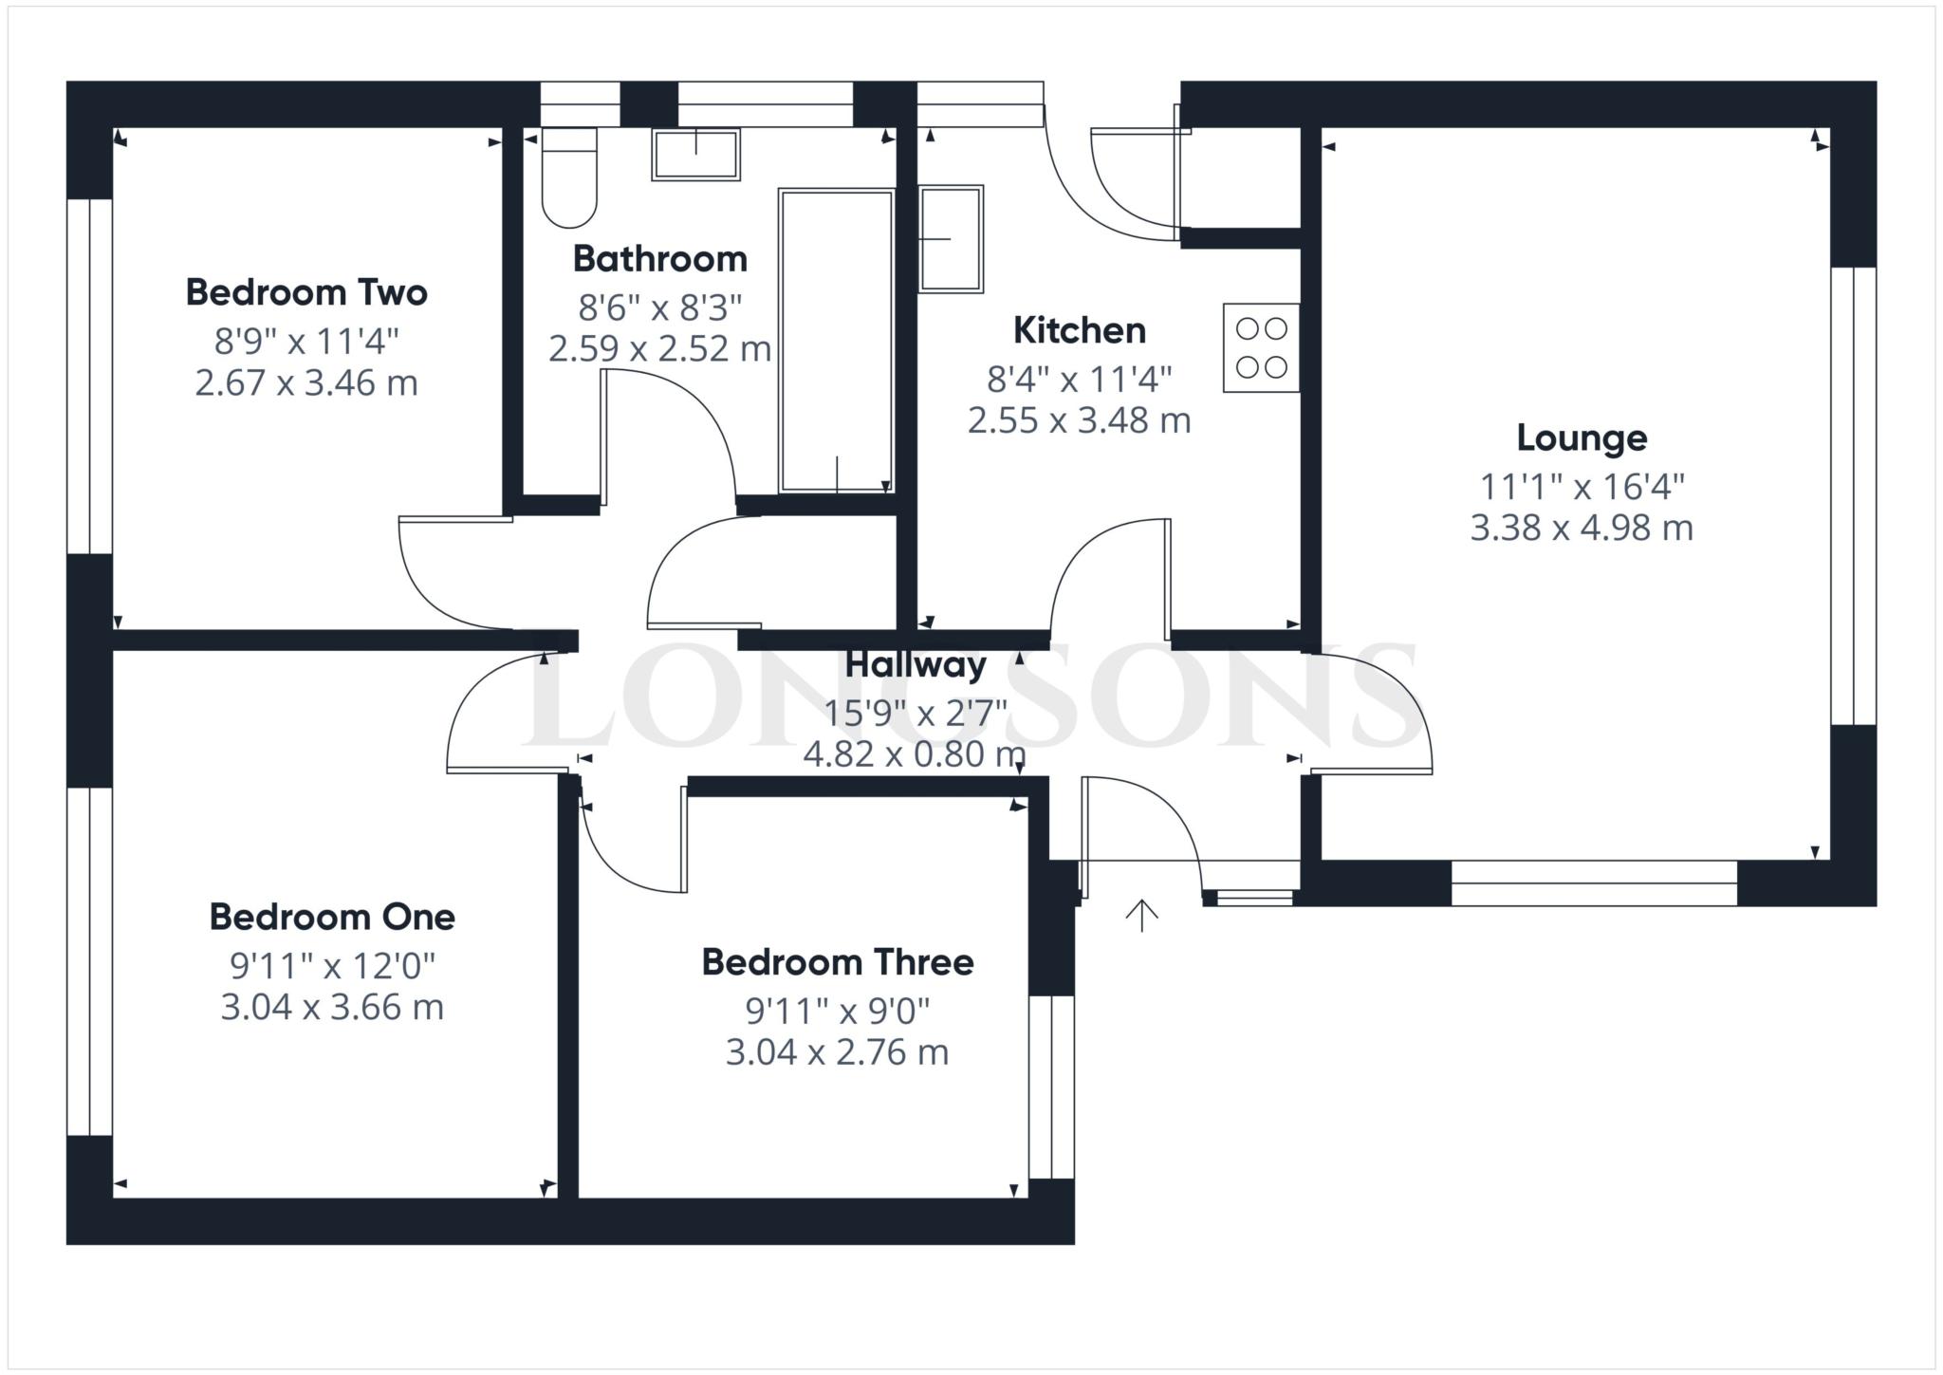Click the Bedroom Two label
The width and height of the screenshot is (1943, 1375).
pos(306,292)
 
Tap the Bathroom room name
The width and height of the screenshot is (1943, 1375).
pos(660,258)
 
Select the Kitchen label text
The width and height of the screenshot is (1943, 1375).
pos(1080,330)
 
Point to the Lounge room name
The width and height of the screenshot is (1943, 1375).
pos(1582,437)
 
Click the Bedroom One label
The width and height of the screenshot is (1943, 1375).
pos(332,917)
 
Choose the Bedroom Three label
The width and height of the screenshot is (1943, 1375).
pos(838,962)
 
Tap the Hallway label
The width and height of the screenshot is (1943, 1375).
pos(916,664)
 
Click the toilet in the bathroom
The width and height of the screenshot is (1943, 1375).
pos(569,177)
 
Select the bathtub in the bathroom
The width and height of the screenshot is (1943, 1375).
pos(836,341)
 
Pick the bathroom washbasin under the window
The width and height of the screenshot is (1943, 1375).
pos(695,155)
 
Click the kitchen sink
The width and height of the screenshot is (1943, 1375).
pos(951,238)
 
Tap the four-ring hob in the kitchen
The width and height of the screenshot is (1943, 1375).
pos(1262,347)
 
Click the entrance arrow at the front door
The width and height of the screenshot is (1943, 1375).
pos(1142,916)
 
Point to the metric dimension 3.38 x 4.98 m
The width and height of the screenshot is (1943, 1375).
pos(1582,528)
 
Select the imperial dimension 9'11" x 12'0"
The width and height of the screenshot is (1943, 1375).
pos(332,966)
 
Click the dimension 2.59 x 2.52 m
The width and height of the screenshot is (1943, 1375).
pos(660,349)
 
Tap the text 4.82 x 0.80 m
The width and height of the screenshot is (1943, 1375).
pos(915,755)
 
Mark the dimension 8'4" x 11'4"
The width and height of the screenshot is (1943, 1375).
pos(1080,380)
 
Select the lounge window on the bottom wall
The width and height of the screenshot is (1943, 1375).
pos(1594,883)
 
